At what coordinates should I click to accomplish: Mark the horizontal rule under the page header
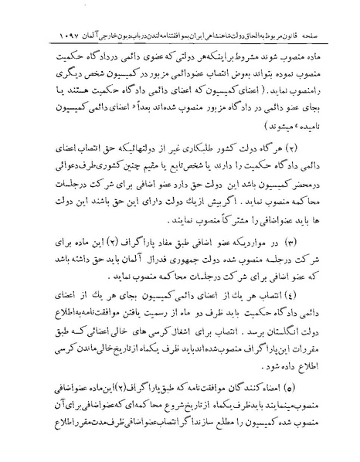click(x=180, y=28)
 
